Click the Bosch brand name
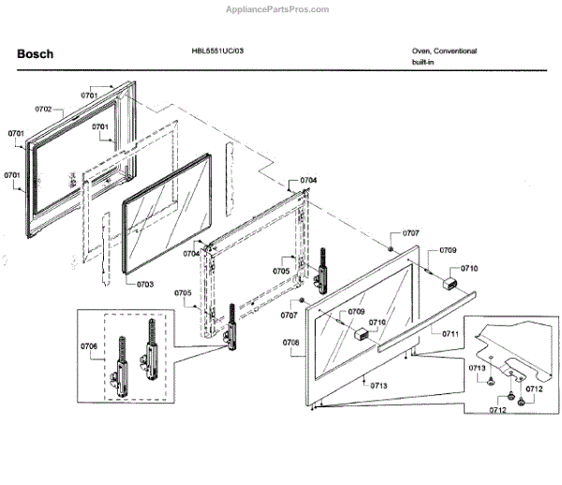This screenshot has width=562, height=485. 35,53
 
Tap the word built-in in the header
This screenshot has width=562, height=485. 423,62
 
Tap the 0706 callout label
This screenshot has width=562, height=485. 89,346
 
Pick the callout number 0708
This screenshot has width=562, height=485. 290,343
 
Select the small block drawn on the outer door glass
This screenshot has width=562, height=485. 360,334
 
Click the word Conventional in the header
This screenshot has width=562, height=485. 455,51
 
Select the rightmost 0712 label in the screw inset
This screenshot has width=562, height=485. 534,389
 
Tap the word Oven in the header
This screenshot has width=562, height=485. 421,51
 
